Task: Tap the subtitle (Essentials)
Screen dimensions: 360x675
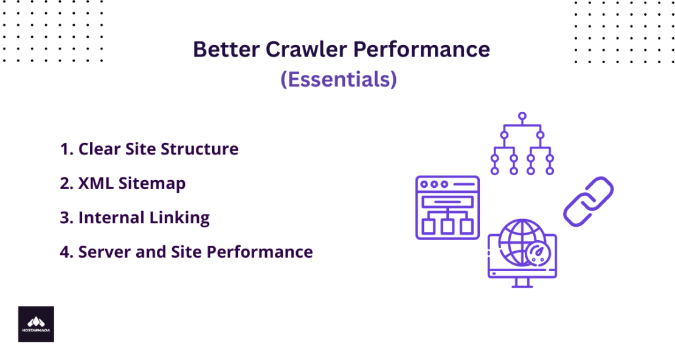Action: [x=338, y=79]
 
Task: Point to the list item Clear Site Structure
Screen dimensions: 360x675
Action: [x=149, y=149]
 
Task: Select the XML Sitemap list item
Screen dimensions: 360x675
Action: [x=123, y=183]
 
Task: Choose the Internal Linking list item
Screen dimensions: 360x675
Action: [x=135, y=217]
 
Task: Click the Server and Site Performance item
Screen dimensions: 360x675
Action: [x=186, y=252]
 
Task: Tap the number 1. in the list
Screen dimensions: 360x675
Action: [x=66, y=149]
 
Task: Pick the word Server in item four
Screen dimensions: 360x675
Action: [x=102, y=252]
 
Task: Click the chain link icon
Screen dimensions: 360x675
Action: [x=587, y=201]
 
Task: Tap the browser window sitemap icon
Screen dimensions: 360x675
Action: [x=447, y=207]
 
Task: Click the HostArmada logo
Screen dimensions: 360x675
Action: [x=36, y=324]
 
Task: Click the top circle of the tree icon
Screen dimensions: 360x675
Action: [x=522, y=115]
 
